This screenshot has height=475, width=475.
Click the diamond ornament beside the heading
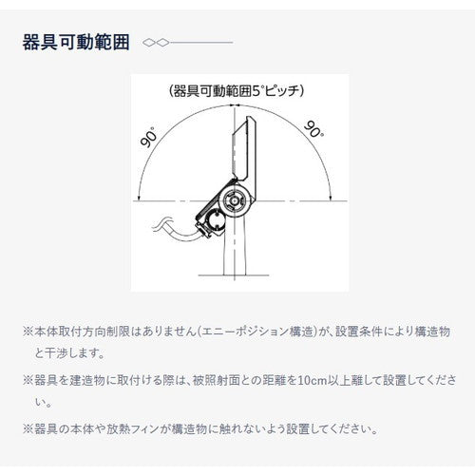[156, 43]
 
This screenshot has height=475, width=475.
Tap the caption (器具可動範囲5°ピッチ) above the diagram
[237, 92]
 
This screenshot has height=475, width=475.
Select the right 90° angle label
[313, 129]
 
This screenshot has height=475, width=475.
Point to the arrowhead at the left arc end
[140, 198]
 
